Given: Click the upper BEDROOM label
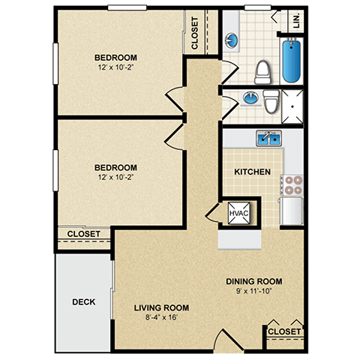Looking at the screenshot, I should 115,58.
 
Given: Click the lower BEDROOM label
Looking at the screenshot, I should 115,167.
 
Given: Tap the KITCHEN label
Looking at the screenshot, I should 252,172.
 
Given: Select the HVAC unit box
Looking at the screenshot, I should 238,214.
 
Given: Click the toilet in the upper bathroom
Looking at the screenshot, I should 262,70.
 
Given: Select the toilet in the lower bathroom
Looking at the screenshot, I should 271,101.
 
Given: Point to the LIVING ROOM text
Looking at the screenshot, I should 161,307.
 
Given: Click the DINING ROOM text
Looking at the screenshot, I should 253,282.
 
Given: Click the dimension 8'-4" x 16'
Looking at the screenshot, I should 161,316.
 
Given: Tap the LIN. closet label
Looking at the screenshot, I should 295,19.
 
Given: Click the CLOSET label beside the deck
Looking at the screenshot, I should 85,234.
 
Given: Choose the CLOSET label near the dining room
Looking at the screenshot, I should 284,331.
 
